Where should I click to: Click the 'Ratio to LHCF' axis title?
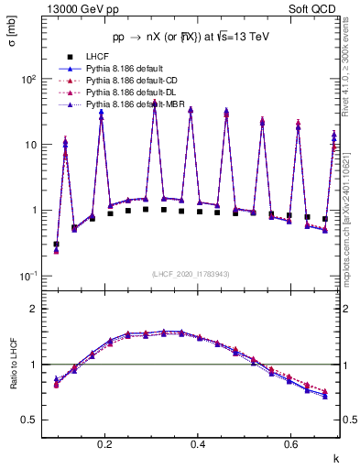coord(12,385)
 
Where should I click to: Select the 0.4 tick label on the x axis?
coord(199,444)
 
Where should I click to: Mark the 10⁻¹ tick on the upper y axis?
coord(28,277)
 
